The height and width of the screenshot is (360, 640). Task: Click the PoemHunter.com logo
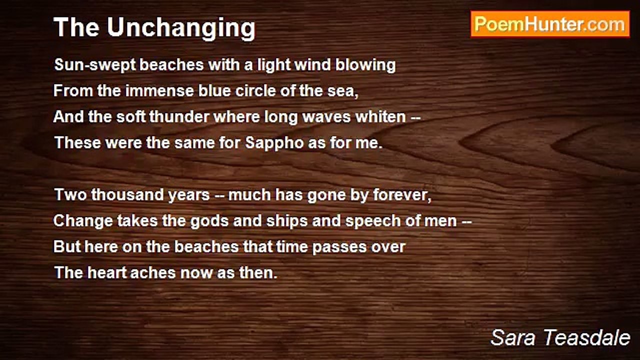click(x=550, y=24)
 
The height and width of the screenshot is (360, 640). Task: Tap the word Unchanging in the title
click(x=181, y=27)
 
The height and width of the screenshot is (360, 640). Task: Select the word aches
click(x=146, y=273)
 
